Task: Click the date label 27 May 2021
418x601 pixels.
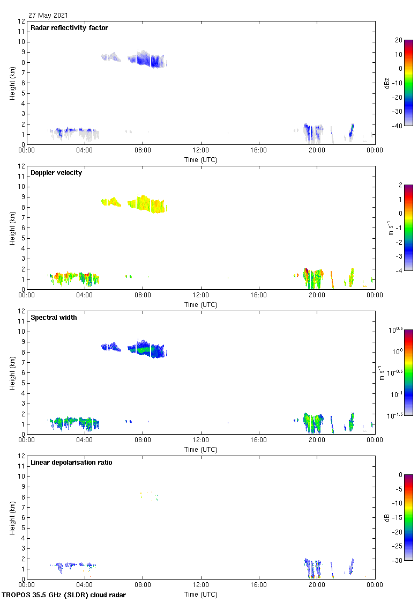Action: tap(48, 16)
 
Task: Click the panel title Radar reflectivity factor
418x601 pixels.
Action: tap(69, 28)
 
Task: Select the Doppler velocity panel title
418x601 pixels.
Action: tap(56, 173)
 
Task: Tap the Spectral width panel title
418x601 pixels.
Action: tap(54, 318)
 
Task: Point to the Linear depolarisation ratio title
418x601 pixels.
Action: tap(71, 463)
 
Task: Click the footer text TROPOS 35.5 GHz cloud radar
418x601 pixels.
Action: tap(64, 595)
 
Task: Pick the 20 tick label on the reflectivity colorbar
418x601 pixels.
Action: tap(399, 40)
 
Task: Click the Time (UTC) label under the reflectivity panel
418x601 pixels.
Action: tap(201, 159)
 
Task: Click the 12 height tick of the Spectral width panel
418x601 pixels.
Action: tap(21, 311)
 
